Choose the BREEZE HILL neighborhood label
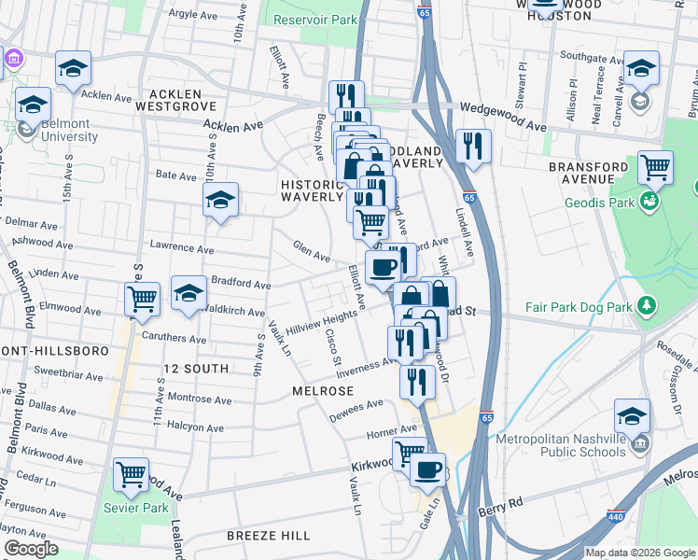pyautogui.click(x=269, y=536)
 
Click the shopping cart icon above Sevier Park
pyautogui.click(x=131, y=474)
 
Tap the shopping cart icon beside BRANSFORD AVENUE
pyautogui.click(x=656, y=168)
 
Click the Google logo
pyautogui.click(x=31, y=549)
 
